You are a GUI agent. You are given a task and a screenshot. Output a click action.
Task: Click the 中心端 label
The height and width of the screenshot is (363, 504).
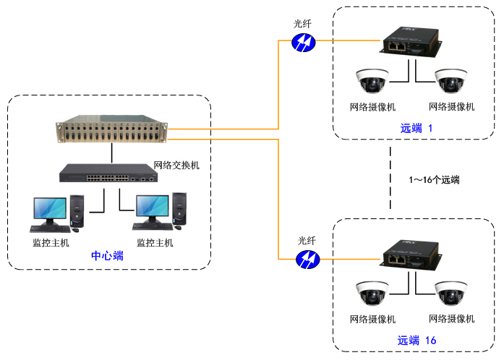[107, 256]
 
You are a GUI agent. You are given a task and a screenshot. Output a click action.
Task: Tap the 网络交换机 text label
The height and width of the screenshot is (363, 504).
[176, 165]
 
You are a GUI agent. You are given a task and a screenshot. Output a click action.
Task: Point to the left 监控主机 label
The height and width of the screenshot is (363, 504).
[51, 242]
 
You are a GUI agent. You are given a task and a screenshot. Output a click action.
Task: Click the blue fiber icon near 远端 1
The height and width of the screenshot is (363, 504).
[302, 43]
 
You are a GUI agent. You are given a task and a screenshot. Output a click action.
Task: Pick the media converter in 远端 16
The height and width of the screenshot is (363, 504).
[409, 256]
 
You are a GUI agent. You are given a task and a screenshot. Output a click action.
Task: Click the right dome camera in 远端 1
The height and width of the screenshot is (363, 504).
[451, 81]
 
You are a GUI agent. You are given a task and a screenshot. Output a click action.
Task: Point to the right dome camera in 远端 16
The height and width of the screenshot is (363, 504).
[451, 294]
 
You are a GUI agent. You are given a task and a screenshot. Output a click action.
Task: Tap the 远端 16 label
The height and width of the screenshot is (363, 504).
[417, 340]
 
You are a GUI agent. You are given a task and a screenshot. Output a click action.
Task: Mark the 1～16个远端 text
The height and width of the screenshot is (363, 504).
[434, 179]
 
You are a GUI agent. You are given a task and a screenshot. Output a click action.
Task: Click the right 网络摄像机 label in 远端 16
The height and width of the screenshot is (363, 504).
[451, 319]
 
